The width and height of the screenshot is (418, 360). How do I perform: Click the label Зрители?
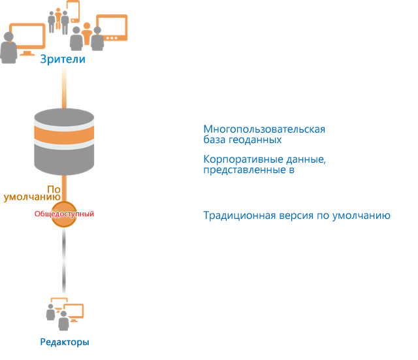[x=63, y=60]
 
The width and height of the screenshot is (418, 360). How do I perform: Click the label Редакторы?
[x=63, y=342]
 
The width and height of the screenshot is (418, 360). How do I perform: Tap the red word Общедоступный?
[x=64, y=214]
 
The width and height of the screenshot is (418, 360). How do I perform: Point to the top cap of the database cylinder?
[x=64, y=118]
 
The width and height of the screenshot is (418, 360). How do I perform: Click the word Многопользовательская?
[x=264, y=129]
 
